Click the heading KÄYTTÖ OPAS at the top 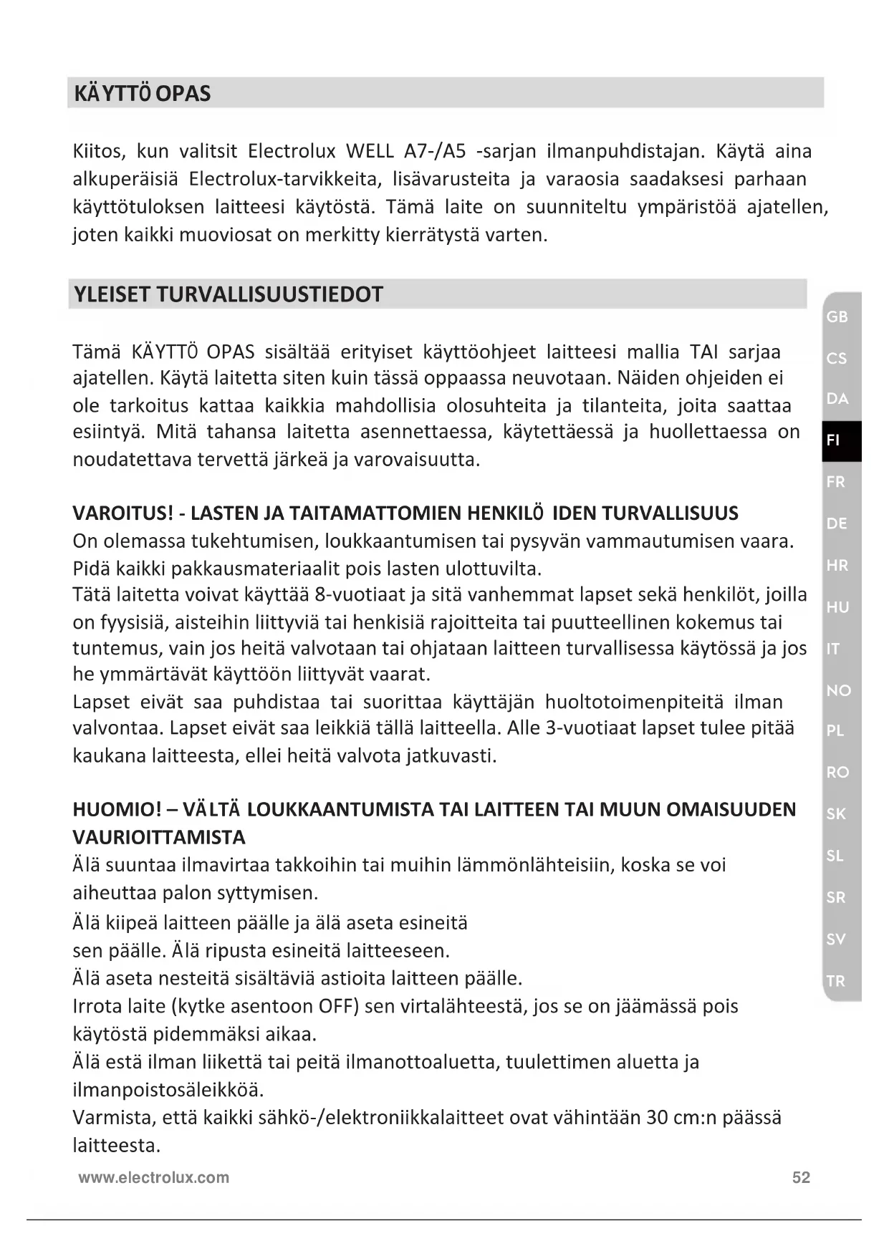click(x=142, y=94)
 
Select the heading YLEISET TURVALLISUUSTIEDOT click(x=228, y=294)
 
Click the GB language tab click(x=837, y=317)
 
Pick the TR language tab click(x=836, y=981)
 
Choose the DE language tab click(x=837, y=523)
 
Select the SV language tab click(x=836, y=939)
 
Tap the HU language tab click(x=837, y=607)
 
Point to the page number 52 click(x=801, y=1178)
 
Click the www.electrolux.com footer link click(x=154, y=1178)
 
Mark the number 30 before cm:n click(x=657, y=1118)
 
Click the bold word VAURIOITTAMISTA click(x=159, y=837)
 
